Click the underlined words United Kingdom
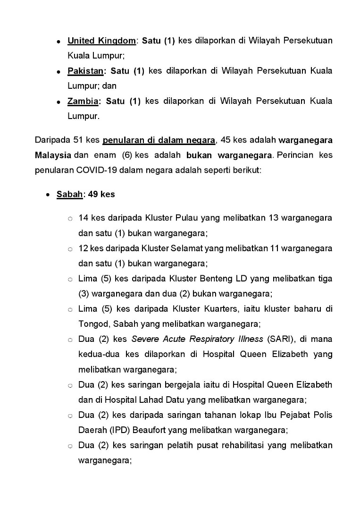click(101, 41)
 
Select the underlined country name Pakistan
click(85, 71)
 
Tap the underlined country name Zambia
click(83, 101)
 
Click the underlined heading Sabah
click(69, 194)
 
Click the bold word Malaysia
click(53, 155)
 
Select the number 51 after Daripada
click(79, 140)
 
